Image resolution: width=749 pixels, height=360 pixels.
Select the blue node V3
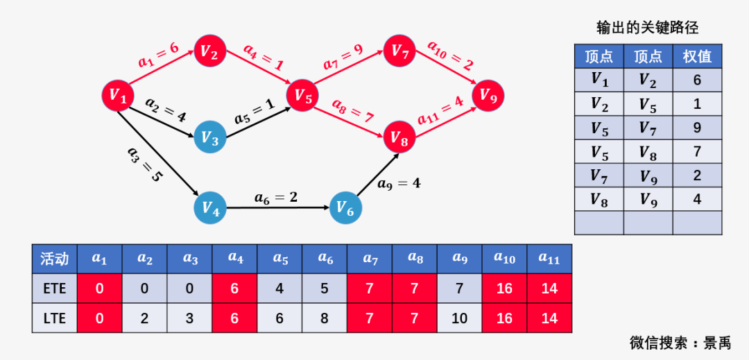tap(210, 138)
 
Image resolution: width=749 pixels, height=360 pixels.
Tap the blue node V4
tap(211, 207)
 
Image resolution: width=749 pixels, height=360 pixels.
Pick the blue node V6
tap(345, 207)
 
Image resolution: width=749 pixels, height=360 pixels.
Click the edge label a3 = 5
tap(144, 164)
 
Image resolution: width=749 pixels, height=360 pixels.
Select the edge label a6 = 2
tap(275, 198)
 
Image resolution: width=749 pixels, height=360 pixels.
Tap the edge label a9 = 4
tap(399, 184)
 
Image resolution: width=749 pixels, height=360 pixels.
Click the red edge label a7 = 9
tap(342, 57)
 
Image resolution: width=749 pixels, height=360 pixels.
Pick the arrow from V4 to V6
tap(277, 207)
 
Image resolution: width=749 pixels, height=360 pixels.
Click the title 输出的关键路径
tap(647, 28)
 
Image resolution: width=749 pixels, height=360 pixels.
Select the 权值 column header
tap(697, 56)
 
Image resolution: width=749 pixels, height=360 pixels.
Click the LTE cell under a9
tap(459, 319)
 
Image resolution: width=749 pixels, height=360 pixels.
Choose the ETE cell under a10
tap(504, 289)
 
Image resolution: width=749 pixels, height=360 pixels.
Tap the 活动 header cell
tap(55, 259)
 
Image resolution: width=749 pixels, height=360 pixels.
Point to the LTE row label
tap(55, 319)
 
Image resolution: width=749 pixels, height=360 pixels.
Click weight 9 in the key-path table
tap(697, 128)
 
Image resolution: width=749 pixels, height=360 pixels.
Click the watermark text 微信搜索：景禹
tap(680, 343)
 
